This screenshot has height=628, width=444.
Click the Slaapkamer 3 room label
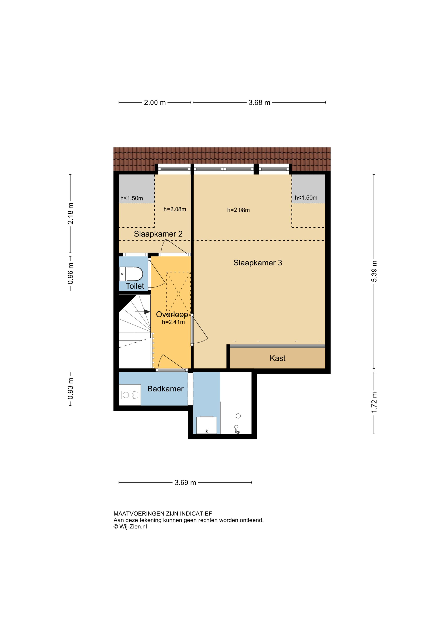coord(258,263)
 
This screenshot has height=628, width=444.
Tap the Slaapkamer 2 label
coord(158,234)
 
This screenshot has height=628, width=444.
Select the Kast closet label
coord(277,358)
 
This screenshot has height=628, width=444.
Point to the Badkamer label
coord(165,389)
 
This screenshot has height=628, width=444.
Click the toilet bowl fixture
coord(131,274)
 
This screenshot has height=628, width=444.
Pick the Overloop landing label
coord(172,315)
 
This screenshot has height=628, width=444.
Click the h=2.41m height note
coord(173,322)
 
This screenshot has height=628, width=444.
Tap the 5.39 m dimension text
coord(374,271)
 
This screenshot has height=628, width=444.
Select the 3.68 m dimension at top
coord(259,103)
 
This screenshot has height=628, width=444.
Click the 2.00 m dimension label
coord(155,103)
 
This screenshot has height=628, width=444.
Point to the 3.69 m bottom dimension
coord(185,483)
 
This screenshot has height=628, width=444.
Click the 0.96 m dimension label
coord(71,274)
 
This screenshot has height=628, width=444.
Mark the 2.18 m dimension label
coord(71,213)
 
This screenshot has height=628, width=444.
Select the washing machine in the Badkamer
coord(130,395)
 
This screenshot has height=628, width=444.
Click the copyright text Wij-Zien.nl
coord(130,527)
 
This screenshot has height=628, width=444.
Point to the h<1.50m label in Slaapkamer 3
coord(306,198)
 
